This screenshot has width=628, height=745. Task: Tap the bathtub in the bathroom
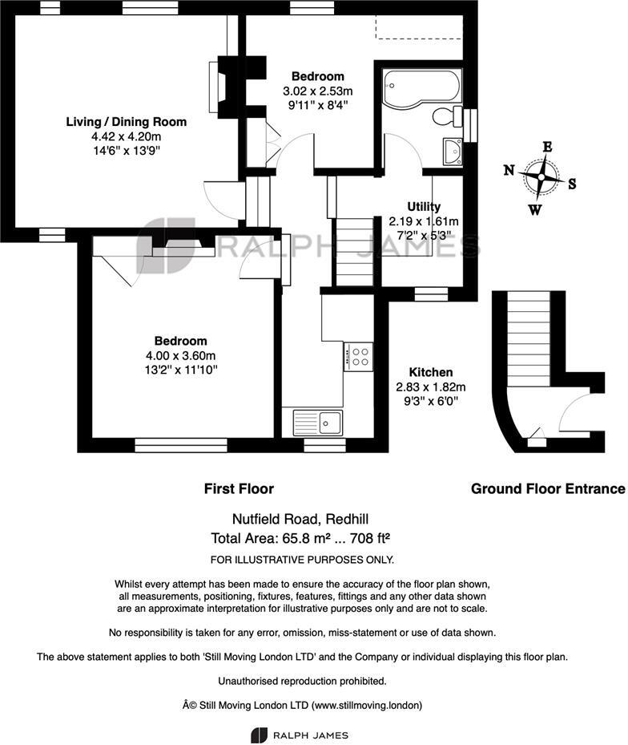click(419, 87)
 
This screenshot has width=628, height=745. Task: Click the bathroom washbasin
click(452, 150)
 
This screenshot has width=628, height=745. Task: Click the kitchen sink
click(318, 421)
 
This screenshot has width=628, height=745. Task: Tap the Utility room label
click(424, 207)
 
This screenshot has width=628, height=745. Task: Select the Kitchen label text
click(431, 372)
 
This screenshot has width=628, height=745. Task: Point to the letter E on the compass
click(548, 147)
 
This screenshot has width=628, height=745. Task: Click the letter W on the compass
click(534, 210)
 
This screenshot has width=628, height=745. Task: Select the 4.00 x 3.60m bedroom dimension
click(180, 356)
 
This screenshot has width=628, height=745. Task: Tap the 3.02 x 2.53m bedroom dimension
click(318, 91)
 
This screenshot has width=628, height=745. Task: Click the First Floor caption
click(239, 488)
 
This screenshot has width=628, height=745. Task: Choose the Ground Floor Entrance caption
click(547, 488)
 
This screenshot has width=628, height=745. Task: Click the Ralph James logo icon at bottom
click(259, 735)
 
